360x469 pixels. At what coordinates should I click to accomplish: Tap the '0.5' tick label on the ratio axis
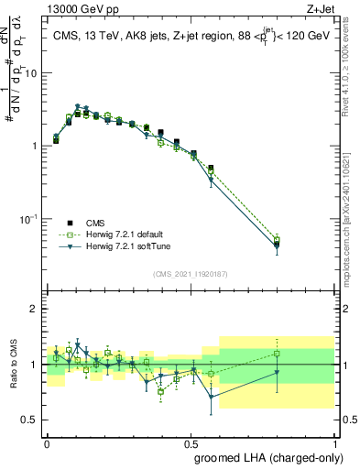[x=32, y=420]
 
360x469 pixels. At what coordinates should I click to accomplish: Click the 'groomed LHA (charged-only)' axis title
[x=265, y=457]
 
